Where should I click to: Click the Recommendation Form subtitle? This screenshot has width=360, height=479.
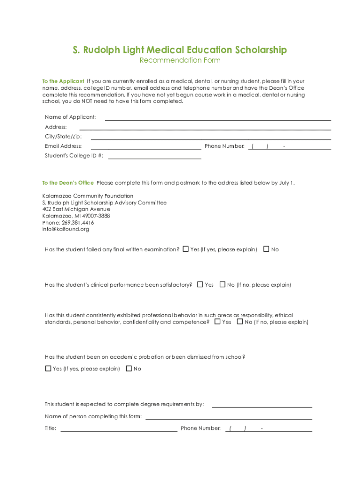pos(180,60)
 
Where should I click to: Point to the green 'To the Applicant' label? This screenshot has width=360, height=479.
pos(63,81)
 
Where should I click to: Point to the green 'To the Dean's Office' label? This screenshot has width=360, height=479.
pos(68,183)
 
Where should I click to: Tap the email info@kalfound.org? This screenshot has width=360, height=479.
pos(65,229)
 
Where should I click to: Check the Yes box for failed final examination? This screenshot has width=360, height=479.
pos(186,249)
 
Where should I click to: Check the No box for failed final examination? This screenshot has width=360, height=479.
pos(266,249)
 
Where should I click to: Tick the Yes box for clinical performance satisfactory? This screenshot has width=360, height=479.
pos(200,284)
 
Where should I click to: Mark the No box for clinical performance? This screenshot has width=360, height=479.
pos(223,284)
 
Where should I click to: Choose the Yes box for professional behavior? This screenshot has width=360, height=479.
pos(217,322)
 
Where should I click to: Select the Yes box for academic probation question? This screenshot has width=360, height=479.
pos(48,369)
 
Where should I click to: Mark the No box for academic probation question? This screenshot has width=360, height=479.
pos(129,369)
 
